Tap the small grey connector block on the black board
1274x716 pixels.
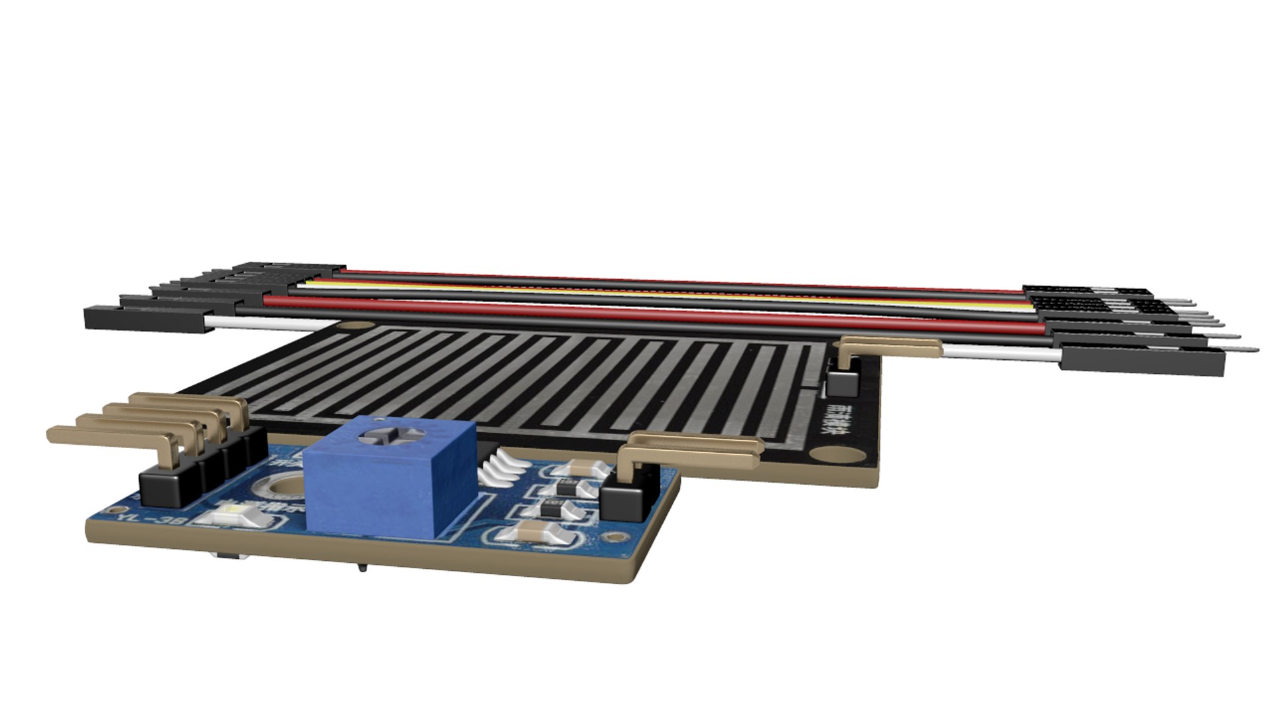[x=843, y=383]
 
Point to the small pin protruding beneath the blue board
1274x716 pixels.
[x=362, y=567]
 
